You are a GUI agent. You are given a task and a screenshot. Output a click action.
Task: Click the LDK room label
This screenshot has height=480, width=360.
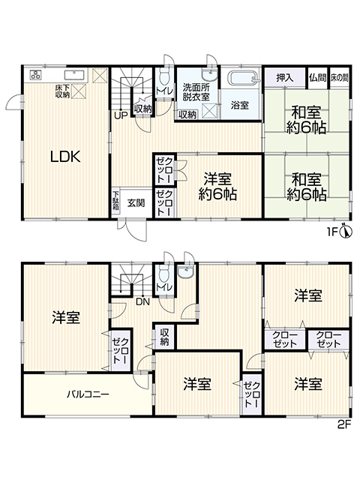click(65, 157)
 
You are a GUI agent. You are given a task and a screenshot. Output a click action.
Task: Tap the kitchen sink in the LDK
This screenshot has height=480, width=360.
click(73, 75)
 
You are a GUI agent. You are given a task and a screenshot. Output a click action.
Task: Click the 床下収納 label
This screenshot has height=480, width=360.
click(62, 91)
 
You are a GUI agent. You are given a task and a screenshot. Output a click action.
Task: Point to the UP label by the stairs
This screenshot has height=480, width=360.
click(121, 116)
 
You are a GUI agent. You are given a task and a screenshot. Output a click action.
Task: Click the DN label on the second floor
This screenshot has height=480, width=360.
click(142, 302)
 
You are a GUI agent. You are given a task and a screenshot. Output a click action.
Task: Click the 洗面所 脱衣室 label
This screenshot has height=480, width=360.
click(196, 91)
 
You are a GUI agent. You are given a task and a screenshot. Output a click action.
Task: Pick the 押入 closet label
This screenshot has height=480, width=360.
click(285, 78)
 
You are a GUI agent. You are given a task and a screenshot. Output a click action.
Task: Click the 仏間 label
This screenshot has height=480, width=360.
click(317, 78)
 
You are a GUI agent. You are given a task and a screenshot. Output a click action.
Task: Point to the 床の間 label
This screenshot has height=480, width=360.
click(339, 78)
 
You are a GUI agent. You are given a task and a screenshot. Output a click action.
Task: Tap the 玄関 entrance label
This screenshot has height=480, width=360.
click(136, 203)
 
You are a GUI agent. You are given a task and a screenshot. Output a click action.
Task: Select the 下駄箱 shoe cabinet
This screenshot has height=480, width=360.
click(115, 202)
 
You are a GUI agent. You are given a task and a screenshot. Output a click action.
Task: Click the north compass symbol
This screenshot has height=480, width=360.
click(346, 231)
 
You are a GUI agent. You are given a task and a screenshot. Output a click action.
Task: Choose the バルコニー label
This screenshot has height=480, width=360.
click(88, 394)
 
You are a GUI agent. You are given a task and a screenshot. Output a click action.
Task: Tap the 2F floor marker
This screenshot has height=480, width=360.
click(344, 425)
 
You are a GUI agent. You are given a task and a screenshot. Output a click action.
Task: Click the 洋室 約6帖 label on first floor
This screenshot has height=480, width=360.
click(217, 186)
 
